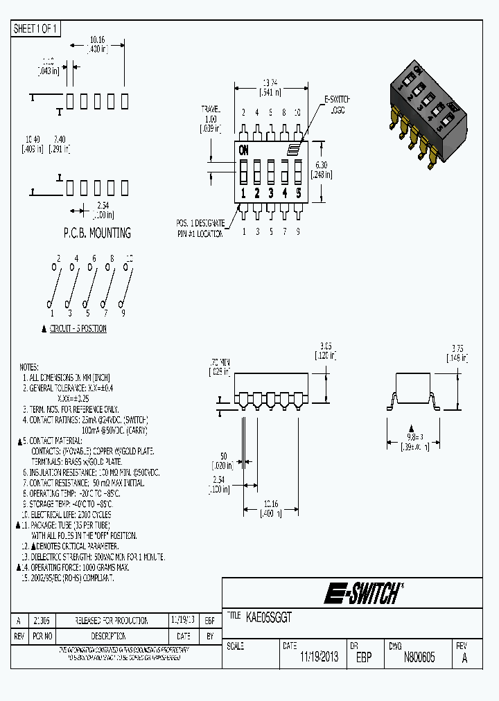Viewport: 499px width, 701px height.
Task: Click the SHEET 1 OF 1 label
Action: (x=37, y=28)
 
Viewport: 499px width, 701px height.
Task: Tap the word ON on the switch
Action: (x=244, y=150)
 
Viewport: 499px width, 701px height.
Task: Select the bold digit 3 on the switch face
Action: (x=271, y=193)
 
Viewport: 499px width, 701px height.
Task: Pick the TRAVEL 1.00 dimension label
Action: (x=210, y=118)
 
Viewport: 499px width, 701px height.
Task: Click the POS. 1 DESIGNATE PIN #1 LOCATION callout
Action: (x=200, y=229)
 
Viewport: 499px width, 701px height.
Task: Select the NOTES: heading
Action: (x=29, y=366)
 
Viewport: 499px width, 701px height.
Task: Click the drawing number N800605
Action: (x=419, y=657)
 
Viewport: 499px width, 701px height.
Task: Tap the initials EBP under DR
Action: (x=364, y=657)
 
